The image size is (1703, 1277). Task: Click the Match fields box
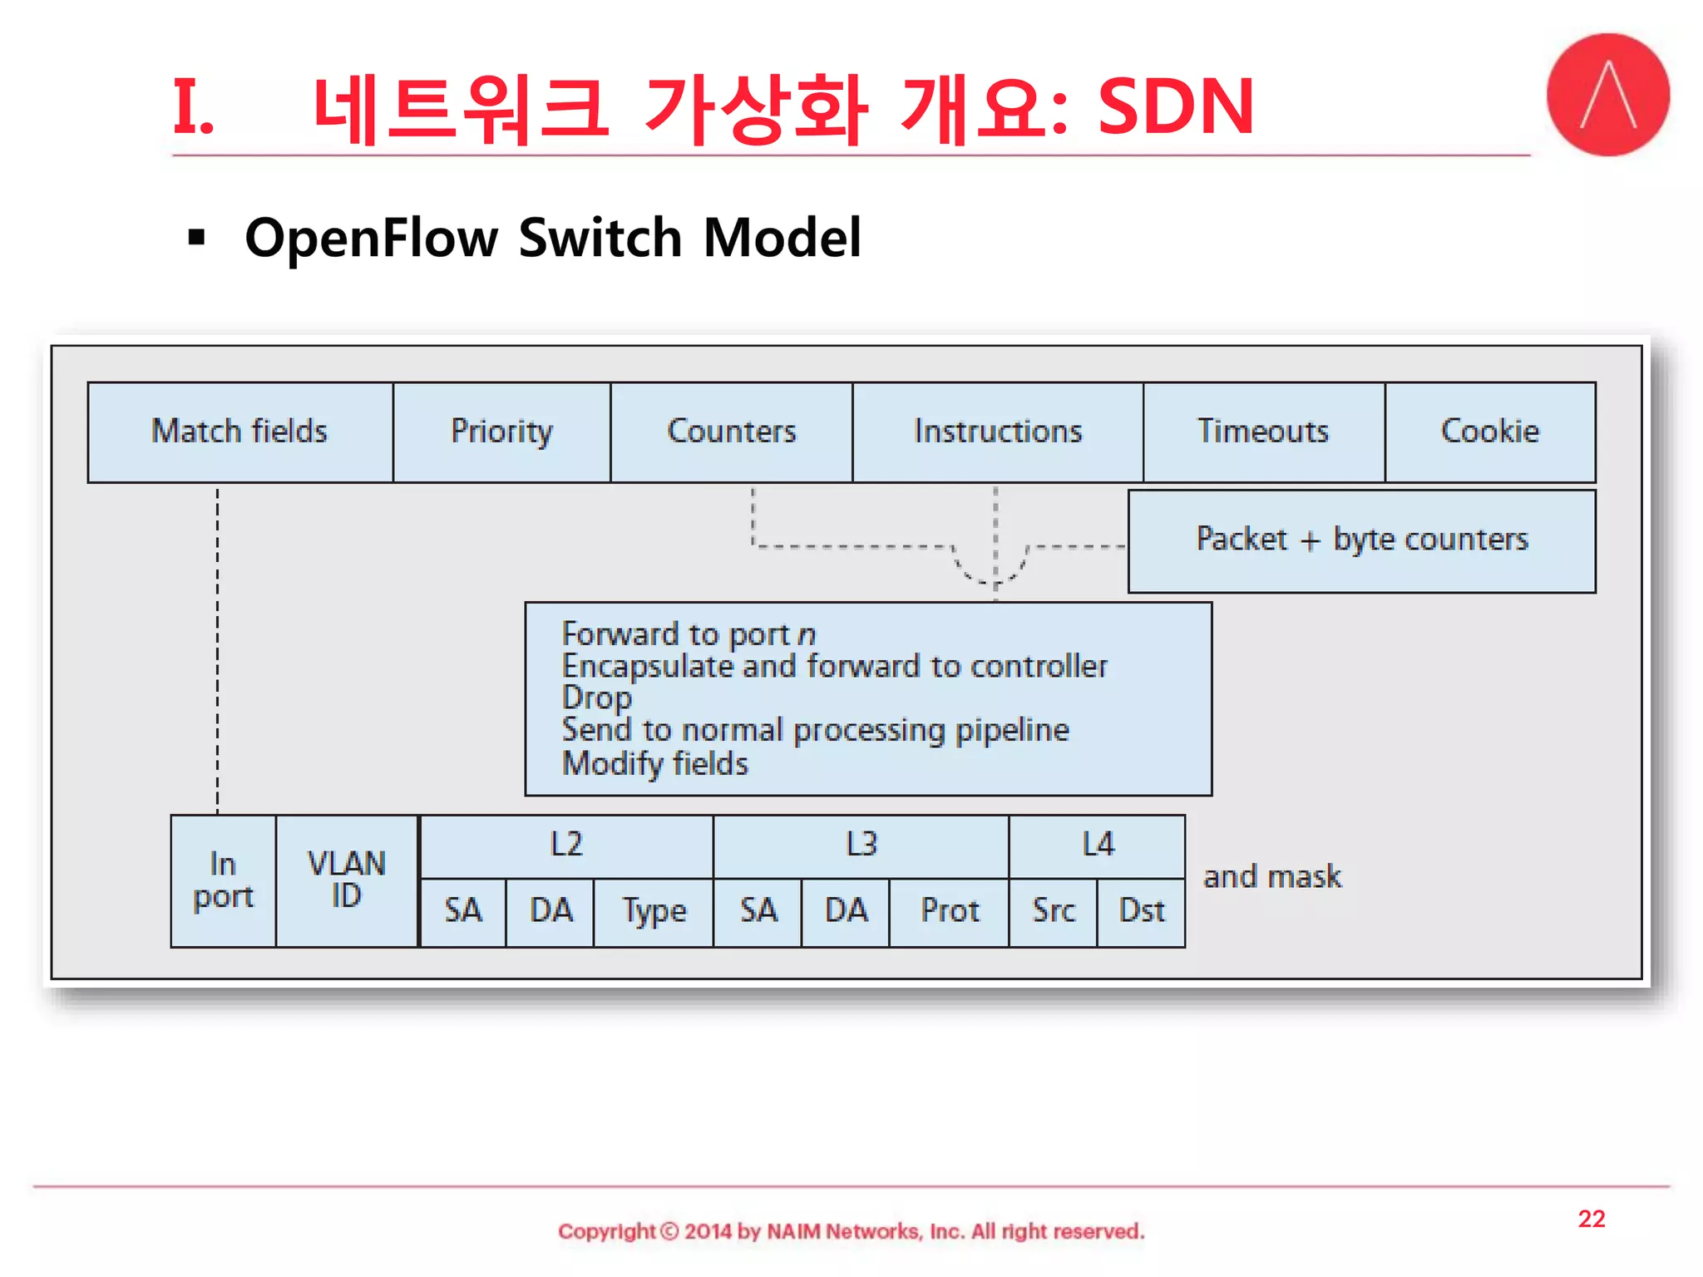[x=239, y=431]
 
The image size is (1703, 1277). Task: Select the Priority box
[x=501, y=431]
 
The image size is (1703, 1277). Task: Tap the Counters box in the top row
[x=731, y=431]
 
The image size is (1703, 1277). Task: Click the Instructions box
[x=997, y=431]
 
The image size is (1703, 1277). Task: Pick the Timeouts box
[x=1263, y=431]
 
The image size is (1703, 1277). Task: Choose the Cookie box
[x=1489, y=431]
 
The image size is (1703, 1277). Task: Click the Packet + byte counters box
[x=1361, y=540]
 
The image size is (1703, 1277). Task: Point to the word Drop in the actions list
[x=596, y=698]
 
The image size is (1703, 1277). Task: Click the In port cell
[x=223, y=880]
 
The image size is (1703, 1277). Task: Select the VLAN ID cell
[x=347, y=880]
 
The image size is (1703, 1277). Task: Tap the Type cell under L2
[x=654, y=911]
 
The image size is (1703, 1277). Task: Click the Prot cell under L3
[x=949, y=911]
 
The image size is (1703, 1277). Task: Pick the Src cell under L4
[x=1053, y=911]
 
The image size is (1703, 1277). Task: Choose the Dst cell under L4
[x=1141, y=911]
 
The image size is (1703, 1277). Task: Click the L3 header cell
[x=861, y=846]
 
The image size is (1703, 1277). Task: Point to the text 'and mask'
[x=1272, y=877]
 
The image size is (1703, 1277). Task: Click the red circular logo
[x=1607, y=95]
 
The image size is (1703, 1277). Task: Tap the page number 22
[x=1591, y=1219]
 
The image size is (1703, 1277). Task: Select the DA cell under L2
[x=550, y=911]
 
